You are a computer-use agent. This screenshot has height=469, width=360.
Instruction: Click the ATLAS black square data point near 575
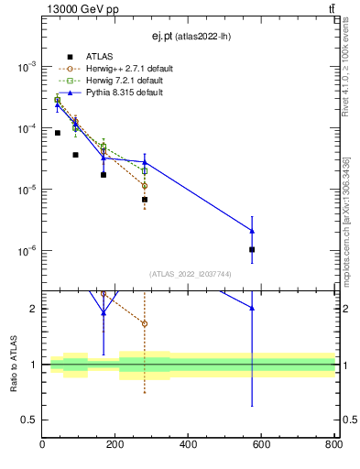point(252,249)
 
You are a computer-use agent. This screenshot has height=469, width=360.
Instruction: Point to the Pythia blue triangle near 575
point(252,231)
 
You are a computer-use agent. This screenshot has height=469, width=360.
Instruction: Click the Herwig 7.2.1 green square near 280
point(145,170)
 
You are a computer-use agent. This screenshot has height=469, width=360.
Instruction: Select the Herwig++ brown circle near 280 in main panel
point(145,186)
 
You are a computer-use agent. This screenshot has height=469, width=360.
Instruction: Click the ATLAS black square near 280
point(145,199)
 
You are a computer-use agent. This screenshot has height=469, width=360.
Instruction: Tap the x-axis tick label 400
point(188,444)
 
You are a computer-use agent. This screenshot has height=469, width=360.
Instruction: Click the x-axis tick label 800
point(333,444)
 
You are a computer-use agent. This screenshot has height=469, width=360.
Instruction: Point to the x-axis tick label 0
point(43,444)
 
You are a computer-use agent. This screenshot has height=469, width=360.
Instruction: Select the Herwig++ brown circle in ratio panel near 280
point(145,323)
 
